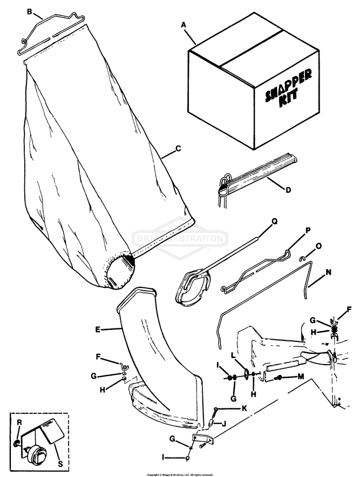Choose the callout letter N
tap(329, 273)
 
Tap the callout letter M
tap(301, 376)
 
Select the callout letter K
tap(244, 408)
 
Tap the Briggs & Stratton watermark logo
tap(180, 238)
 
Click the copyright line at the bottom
tap(180, 474)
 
